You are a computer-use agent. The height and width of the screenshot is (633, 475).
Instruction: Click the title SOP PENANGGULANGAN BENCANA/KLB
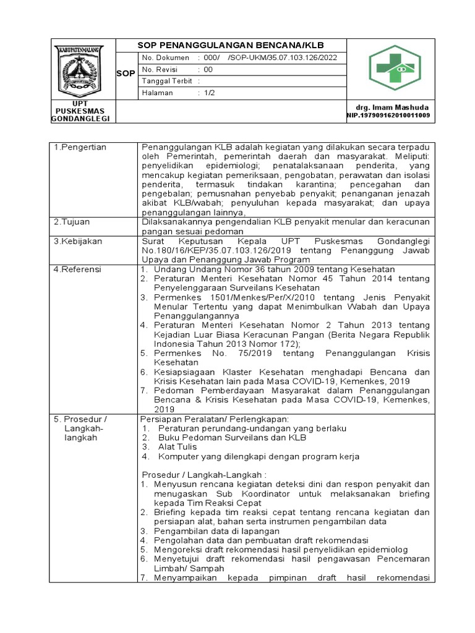click(x=230, y=46)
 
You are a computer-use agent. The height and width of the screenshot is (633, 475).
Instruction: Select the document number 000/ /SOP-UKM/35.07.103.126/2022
click(x=270, y=57)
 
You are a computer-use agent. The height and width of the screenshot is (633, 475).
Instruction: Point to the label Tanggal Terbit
click(x=167, y=80)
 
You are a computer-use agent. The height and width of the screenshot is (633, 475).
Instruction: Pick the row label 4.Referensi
click(x=78, y=270)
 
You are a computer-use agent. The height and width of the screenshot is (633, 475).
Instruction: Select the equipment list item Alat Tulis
click(x=178, y=446)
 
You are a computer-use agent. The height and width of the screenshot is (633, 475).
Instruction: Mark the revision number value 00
click(x=208, y=69)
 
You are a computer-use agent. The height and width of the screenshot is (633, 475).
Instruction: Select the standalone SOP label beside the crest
click(x=126, y=74)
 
